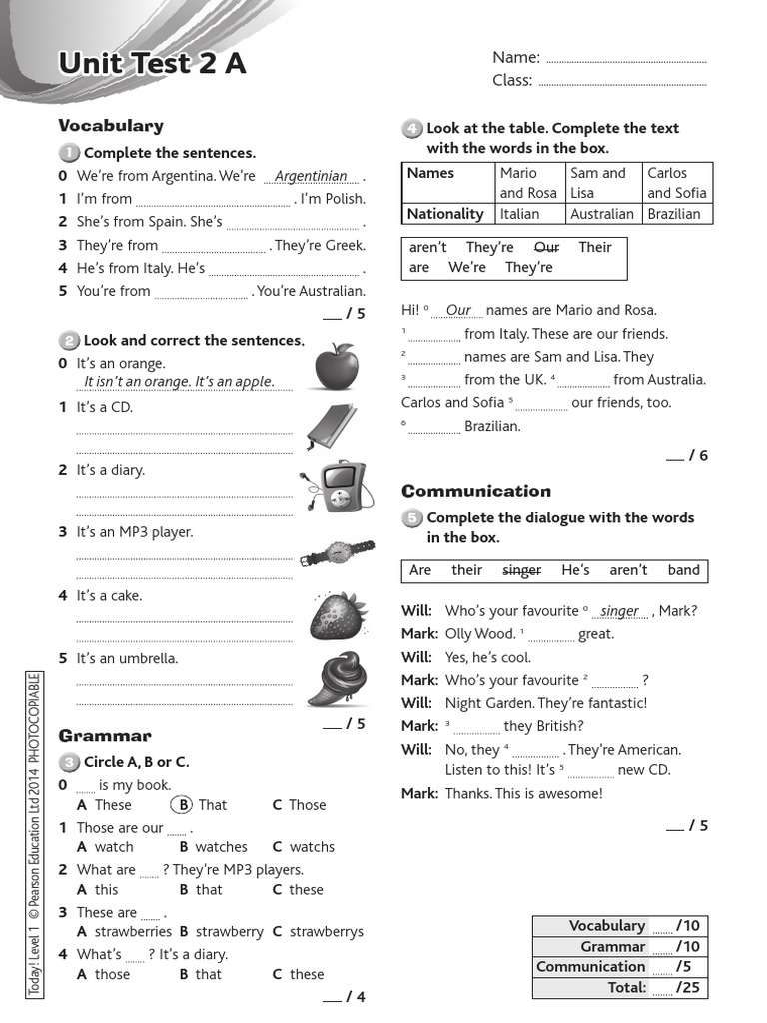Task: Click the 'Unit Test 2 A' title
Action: [x=152, y=64]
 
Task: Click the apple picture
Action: [x=336, y=367]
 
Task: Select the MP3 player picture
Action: [x=336, y=487]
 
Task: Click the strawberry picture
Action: [x=336, y=614]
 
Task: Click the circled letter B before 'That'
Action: [x=181, y=805]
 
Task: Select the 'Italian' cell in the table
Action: [x=519, y=214]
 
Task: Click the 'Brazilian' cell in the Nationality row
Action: [x=674, y=214]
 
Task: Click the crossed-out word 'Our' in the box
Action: [x=546, y=247]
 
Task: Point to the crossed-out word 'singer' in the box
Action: [x=521, y=570]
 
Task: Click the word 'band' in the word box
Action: [x=684, y=570]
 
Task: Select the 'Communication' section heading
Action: [x=476, y=491]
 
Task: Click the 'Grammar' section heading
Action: [x=105, y=736]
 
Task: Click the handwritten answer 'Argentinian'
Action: [x=311, y=176]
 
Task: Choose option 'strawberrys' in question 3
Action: [x=327, y=931]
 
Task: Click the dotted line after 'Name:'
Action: [x=626, y=59]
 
